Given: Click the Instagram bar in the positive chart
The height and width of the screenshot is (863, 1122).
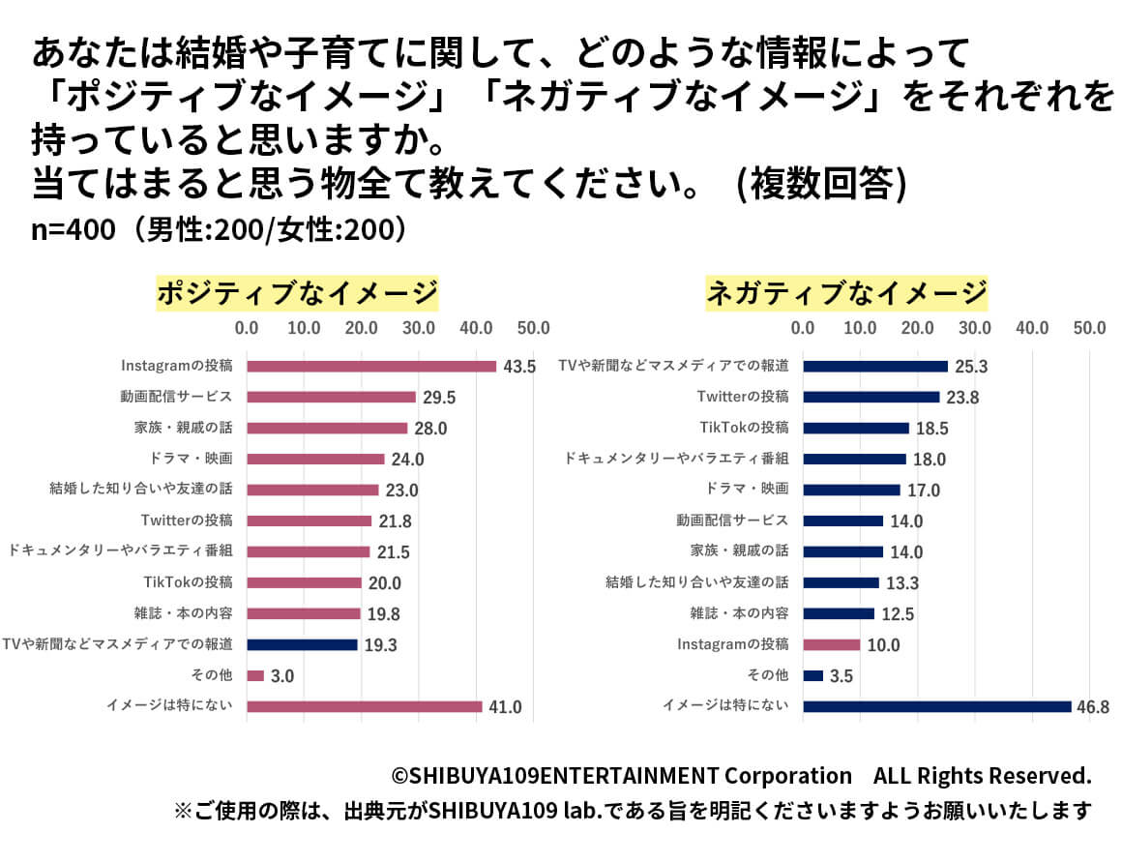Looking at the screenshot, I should pyautogui.click(x=371, y=366).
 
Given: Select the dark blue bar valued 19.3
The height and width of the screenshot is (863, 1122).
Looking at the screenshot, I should pyautogui.click(x=302, y=644).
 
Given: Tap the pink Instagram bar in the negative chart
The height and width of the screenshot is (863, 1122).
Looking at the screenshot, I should pyautogui.click(x=831, y=644).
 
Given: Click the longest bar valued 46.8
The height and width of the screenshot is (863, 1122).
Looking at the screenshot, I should pyautogui.click(x=936, y=706).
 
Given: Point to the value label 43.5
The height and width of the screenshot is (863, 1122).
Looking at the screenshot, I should pyautogui.click(x=518, y=367).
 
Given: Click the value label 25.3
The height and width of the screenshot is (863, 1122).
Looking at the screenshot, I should pyautogui.click(x=969, y=367).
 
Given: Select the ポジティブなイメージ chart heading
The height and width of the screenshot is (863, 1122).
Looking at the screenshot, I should pyautogui.click(x=297, y=292).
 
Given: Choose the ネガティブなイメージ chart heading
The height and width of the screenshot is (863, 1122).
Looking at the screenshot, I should pyautogui.click(x=847, y=292).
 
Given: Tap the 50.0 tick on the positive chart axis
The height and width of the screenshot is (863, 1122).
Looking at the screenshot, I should pyautogui.click(x=533, y=328).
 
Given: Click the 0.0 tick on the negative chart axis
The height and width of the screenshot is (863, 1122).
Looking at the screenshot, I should pyautogui.click(x=803, y=328).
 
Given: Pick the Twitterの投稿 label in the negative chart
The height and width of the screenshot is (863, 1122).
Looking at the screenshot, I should pyautogui.click(x=743, y=397).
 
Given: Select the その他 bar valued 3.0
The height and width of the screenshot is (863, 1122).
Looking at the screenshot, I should pyautogui.click(x=255, y=675).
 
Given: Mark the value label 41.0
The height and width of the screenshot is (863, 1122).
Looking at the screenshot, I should pyautogui.click(x=504, y=707).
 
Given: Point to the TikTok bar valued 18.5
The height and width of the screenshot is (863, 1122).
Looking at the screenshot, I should pyautogui.click(x=856, y=428).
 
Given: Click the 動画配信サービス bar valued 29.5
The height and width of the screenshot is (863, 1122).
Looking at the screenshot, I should pyautogui.click(x=331, y=397).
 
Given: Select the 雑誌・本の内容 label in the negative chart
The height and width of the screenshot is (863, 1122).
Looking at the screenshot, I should pyautogui.click(x=739, y=613).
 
